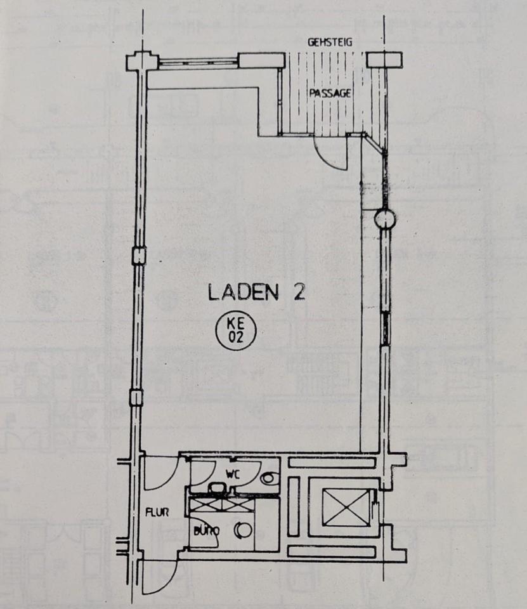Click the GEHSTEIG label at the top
[x=330, y=43]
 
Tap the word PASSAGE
[x=330, y=93]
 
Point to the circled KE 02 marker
[x=236, y=331]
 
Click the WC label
[x=233, y=474]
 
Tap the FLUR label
[x=157, y=513]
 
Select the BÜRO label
[x=206, y=530]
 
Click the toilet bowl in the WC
[x=269, y=477]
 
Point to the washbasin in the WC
[x=219, y=488]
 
